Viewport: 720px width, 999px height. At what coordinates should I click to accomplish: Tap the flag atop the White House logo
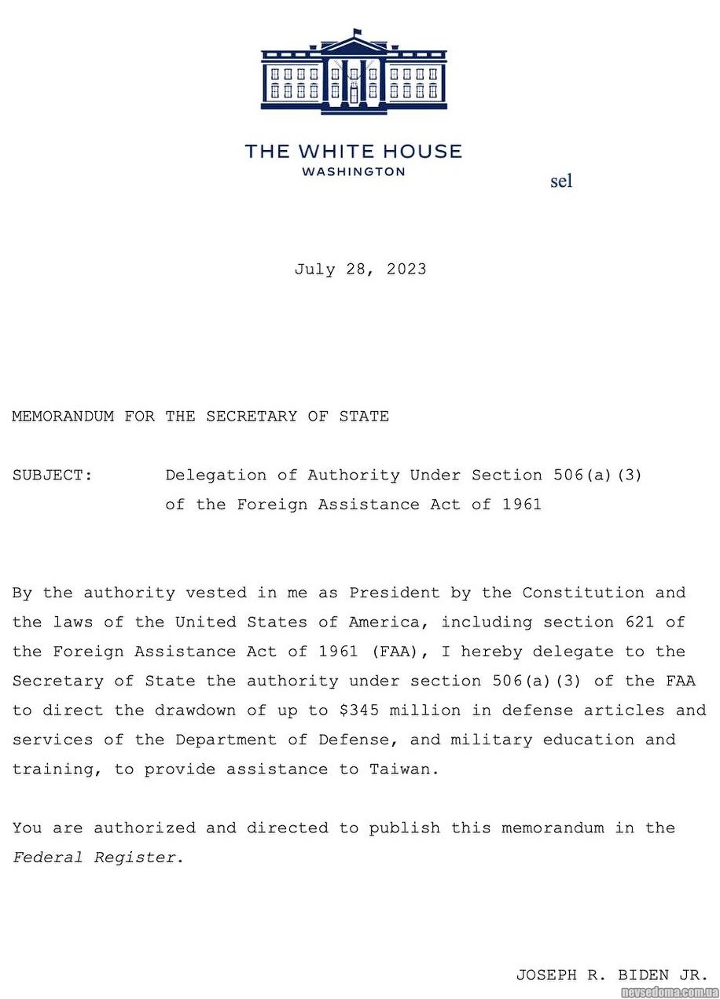(358, 33)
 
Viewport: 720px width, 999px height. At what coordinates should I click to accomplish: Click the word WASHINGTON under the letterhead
(354, 171)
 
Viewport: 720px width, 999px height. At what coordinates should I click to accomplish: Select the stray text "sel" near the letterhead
(561, 182)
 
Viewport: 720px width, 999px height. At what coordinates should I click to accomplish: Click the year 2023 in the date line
(406, 270)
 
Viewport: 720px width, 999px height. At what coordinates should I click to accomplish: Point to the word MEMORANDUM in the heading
(63, 417)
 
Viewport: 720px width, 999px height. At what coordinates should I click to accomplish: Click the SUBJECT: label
(53, 476)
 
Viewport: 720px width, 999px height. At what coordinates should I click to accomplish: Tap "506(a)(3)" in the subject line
(597, 476)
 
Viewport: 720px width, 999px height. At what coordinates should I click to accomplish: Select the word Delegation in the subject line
(216, 476)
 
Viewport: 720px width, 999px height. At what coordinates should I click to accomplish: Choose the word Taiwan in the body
(400, 769)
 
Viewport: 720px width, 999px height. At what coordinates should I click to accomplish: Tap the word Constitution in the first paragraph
(584, 593)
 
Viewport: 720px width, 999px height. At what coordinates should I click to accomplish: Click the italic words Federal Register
(94, 858)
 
